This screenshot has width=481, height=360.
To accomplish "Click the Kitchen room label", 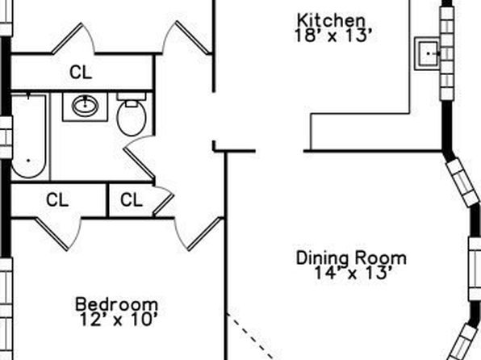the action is [x=332, y=20].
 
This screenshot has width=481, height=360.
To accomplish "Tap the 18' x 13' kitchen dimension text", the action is [x=333, y=36].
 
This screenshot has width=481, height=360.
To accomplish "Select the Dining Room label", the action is [x=351, y=258].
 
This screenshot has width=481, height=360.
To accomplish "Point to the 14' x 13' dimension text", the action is [x=353, y=273].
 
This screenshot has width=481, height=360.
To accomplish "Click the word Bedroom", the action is [x=117, y=304].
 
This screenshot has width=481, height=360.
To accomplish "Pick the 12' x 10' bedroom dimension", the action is [x=119, y=319].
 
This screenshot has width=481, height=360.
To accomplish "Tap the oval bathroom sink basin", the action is [x=85, y=106].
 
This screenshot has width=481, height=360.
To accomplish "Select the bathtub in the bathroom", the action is [x=29, y=136].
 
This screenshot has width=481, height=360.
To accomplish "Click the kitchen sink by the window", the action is [x=428, y=54].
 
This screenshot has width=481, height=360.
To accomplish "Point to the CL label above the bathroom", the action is [x=81, y=73].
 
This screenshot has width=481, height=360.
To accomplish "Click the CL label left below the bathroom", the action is [x=57, y=200].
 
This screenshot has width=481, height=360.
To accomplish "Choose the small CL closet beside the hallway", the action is [x=132, y=200].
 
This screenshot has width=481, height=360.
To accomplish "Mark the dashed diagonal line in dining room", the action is [x=249, y=337].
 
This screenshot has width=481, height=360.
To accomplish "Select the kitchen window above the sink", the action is [x=447, y=53].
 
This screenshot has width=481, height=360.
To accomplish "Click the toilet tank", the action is [x=132, y=96].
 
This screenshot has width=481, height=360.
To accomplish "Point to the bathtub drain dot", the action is [x=29, y=160].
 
